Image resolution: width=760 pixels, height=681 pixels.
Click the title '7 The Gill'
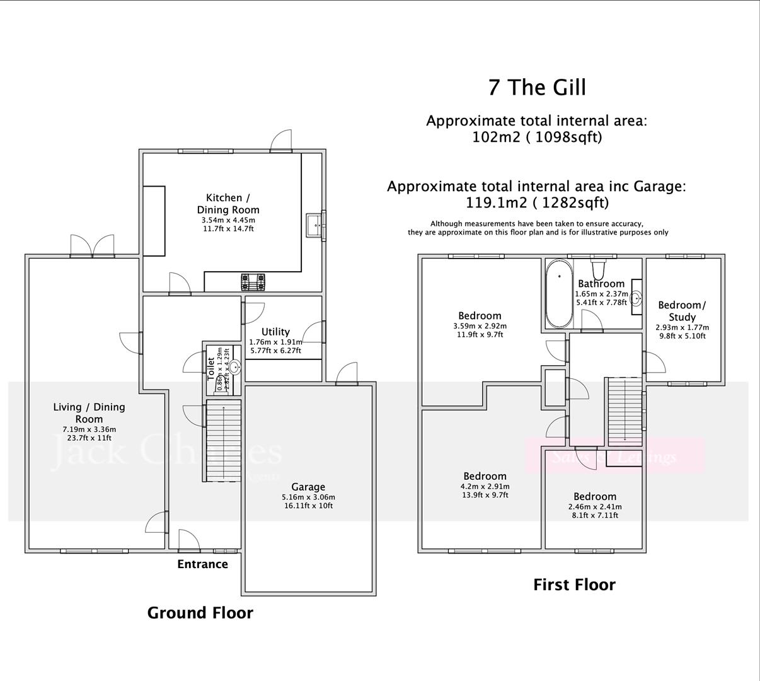pyautogui.click(x=537, y=87)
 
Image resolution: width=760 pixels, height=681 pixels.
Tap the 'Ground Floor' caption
pyautogui.click(x=200, y=613)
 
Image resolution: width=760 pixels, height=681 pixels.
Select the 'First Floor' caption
pyautogui.click(x=574, y=585)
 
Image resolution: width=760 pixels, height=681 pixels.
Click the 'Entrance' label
pyautogui.click(x=202, y=564)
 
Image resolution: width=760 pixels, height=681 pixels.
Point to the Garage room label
pyautogui.click(x=308, y=487)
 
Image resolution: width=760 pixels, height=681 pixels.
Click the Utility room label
pyautogui.click(x=275, y=332)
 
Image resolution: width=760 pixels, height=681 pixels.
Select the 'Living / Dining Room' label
pyautogui.click(x=89, y=413)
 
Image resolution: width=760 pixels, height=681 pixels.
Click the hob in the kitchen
pyautogui.click(x=253, y=280)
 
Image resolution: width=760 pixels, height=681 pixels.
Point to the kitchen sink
pyautogui.click(x=315, y=225)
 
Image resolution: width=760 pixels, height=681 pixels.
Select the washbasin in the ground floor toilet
pyautogui.click(x=234, y=368)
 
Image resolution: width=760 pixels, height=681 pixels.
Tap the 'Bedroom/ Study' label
pyautogui.click(x=682, y=311)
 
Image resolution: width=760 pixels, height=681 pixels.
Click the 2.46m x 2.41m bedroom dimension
pyautogui.click(x=594, y=506)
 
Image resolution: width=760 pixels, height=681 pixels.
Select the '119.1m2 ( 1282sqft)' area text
pyautogui.click(x=537, y=203)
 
